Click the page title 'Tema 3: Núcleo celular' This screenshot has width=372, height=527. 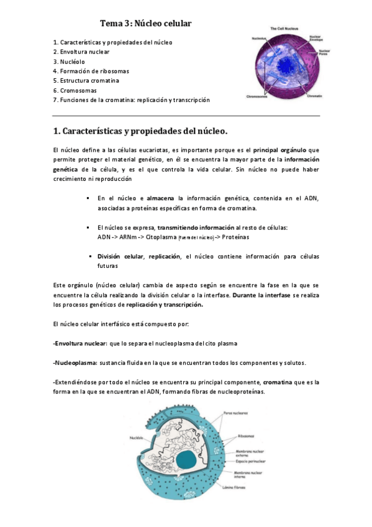145,24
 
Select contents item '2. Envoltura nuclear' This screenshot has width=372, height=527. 81,52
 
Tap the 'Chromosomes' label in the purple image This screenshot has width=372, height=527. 257,96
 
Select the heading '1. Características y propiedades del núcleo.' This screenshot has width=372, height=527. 141,131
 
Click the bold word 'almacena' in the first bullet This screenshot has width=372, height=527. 160,198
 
